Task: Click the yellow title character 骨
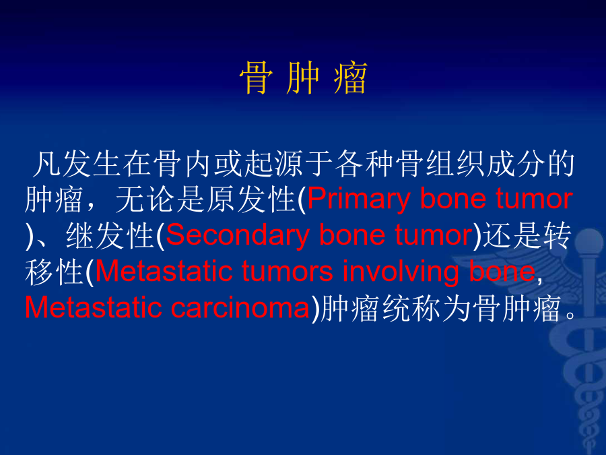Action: (x=257, y=78)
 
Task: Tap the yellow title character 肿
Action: (x=303, y=78)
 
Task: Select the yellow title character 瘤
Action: (x=350, y=78)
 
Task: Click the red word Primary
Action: (x=358, y=200)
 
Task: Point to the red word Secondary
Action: (x=238, y=235)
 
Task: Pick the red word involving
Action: (x=401, y=272)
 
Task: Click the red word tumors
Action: (x=287, y=271)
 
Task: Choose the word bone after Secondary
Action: (x=352, y=235)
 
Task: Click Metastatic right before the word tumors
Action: (x=164, y=271)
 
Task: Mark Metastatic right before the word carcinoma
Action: (x=93, y=308)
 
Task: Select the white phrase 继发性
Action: (x=110, y=235)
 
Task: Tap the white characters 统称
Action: (x=411, y=309)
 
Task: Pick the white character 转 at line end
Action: (x=557, y=235)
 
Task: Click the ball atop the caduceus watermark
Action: (x=588, y=241)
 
